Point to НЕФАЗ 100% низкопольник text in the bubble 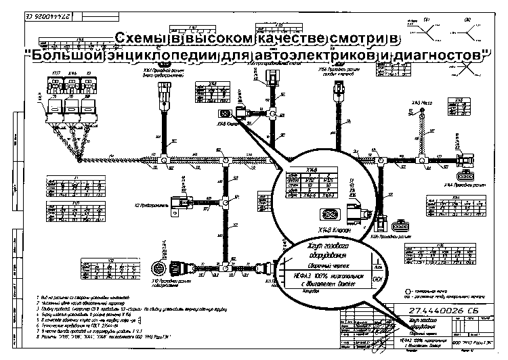click(330, 277)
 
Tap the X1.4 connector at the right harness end click(465, 161)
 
